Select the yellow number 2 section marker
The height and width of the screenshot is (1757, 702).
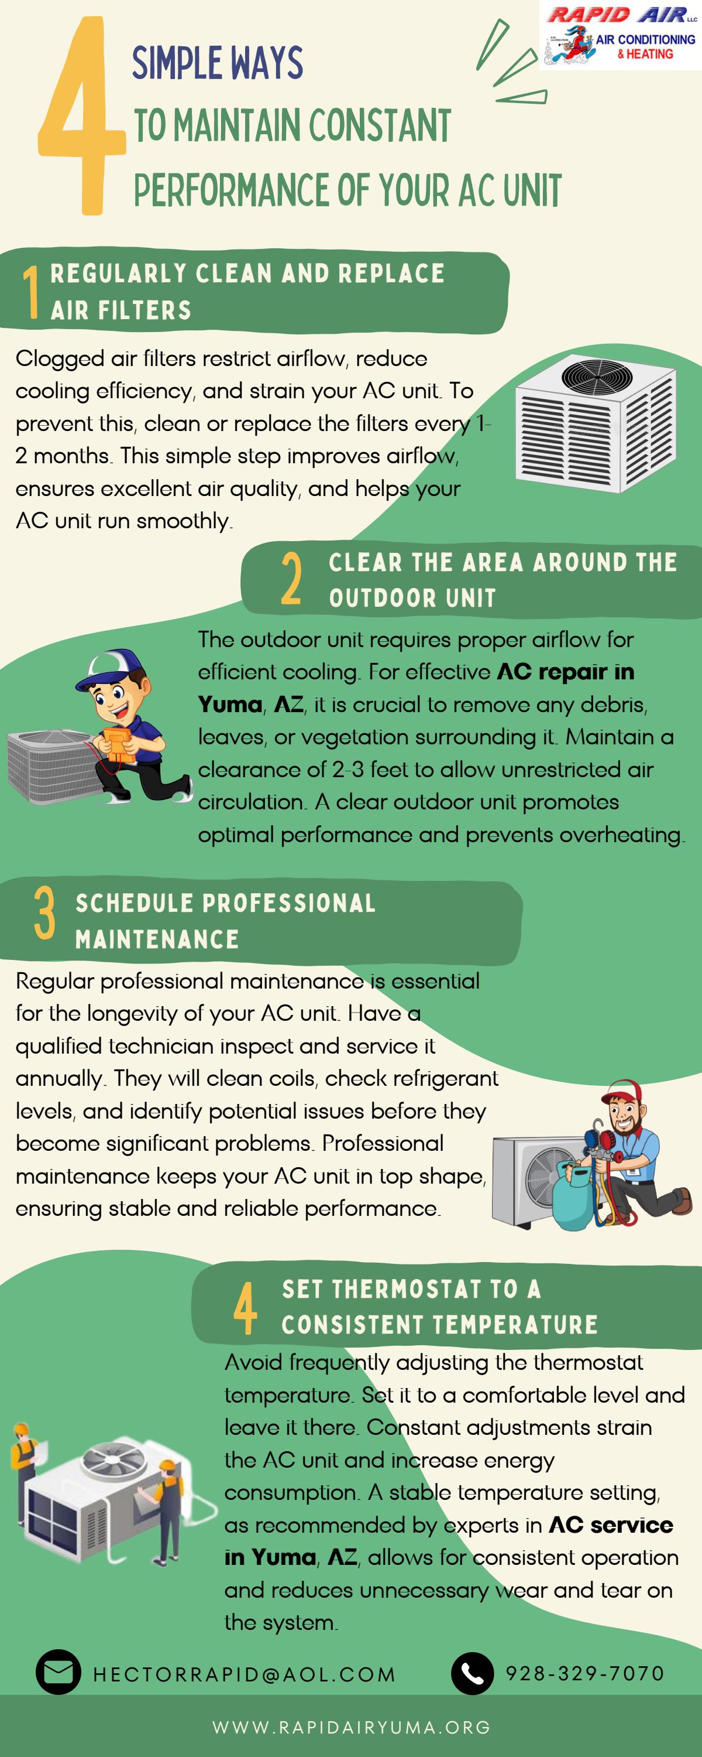(291, 579)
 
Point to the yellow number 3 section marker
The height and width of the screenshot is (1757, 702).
(44, 914)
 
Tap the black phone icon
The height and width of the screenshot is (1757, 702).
(472, 1673)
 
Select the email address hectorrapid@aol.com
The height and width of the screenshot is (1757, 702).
(245, 1674)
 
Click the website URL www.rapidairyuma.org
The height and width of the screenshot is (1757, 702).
(352, 1727)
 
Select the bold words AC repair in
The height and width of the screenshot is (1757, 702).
(566, 672)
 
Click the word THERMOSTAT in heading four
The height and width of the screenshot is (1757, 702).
(407, 1289)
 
